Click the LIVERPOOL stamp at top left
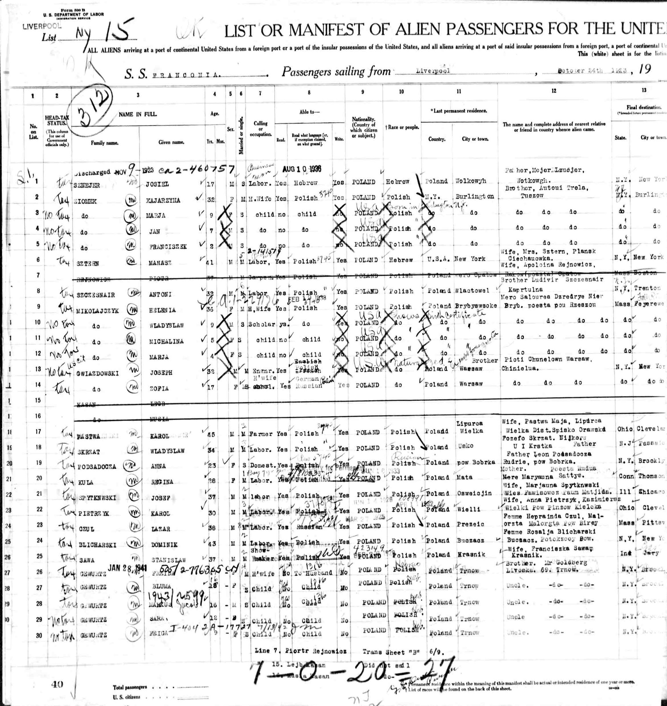(42, 26)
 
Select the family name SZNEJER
(87, 185)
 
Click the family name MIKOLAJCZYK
(97, 311)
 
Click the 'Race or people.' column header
(402, 127)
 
